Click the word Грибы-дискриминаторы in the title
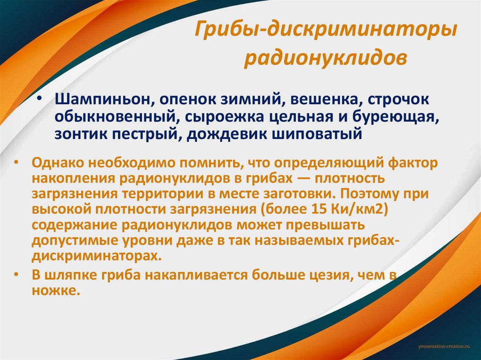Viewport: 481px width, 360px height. pyautogui.click(x=326, y=34)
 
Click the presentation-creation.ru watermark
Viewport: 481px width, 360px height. pyautogui.click(x=443, y=346)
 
